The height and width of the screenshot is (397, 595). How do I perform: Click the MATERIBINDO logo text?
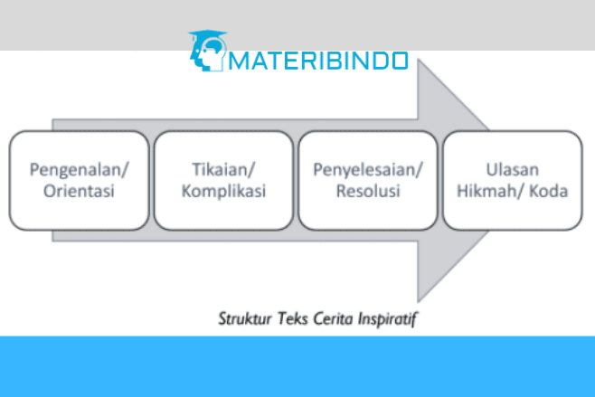coord(320,61)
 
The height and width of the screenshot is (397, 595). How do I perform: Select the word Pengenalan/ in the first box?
coord(79,169)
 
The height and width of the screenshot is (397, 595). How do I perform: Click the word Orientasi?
coord(79,191)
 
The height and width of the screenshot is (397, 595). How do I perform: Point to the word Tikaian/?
coord(223,169)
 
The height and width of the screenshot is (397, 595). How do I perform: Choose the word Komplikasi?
coord(223,191)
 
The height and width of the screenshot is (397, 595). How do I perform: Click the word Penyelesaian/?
coord(368,169)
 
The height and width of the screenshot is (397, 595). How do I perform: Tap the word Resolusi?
coord(368,191)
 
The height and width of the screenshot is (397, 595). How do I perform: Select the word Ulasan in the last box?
coord(513,169)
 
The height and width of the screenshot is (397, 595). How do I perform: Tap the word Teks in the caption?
coord(292,319)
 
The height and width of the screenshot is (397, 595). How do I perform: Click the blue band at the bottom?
coord(297,366)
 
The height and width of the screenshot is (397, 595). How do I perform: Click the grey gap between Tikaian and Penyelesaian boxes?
coord(296,180)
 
